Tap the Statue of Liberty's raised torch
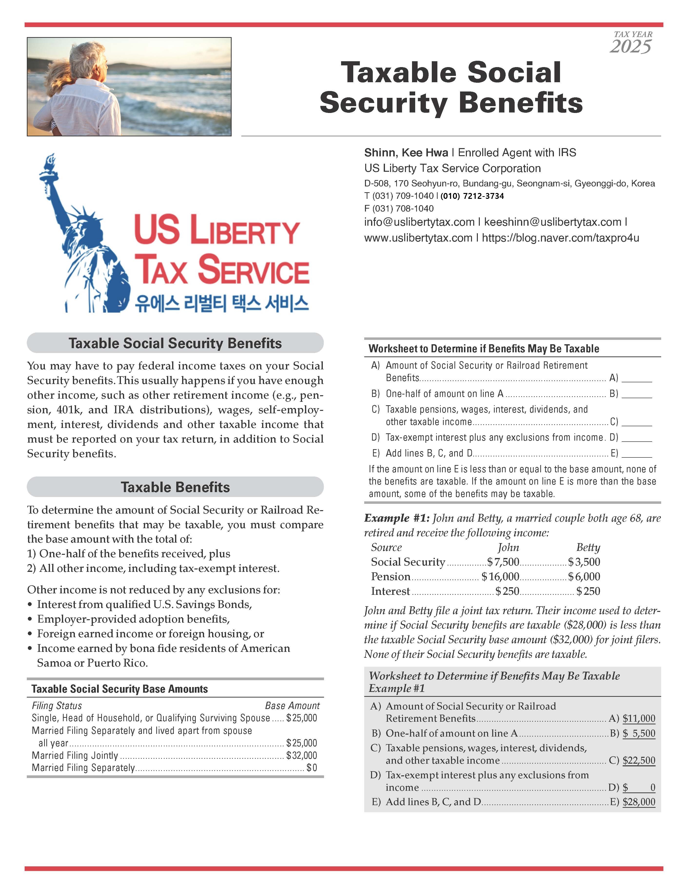coord(50,162)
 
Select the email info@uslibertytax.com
coord(419,222)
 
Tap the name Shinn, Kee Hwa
coord(406,153)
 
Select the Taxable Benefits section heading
coord(175,487)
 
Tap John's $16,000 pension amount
coord(500,577)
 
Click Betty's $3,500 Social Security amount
coord(584,562)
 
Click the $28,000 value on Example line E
coord(639,802)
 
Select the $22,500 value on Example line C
coord(639,760)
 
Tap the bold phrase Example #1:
coord(397,518)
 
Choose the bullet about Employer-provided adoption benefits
coord(133,619)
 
